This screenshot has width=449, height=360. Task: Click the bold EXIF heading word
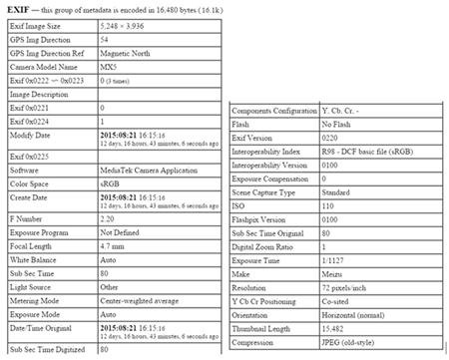(19, 8)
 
